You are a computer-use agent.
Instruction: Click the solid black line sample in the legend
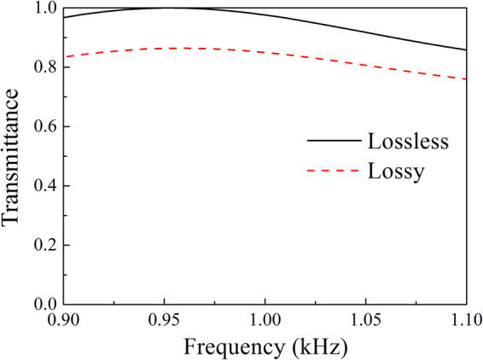(332, 140)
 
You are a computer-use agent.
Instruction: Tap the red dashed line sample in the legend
(332, 171)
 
